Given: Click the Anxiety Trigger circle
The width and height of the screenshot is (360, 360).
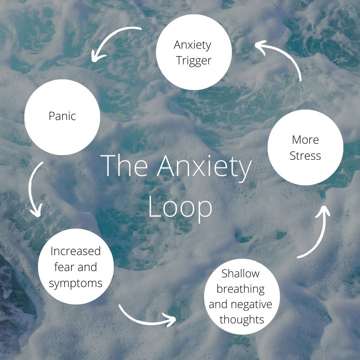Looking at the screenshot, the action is tap(194, 52).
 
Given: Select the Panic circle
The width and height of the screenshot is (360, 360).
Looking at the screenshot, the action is tap(62, 117).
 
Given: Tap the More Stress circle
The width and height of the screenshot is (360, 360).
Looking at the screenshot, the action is tap(305, 147).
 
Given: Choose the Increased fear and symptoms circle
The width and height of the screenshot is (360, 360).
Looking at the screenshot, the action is tap(76, 266).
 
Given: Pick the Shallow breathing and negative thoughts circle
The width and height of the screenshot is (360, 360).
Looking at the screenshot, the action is tap(241, 296).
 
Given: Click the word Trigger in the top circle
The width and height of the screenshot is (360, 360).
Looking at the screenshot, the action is tap(194, 61).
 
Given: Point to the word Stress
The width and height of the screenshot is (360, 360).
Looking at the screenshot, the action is tap(305, 156).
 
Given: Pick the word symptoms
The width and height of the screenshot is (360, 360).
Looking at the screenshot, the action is tap(76, 283).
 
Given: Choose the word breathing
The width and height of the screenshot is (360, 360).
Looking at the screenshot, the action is tap(241, 289).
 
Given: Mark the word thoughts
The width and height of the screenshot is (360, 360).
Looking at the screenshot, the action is tap(242, 320).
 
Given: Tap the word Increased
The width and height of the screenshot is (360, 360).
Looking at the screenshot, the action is tap(76, 251).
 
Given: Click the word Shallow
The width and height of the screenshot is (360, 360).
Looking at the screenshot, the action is tap(240, 274).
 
